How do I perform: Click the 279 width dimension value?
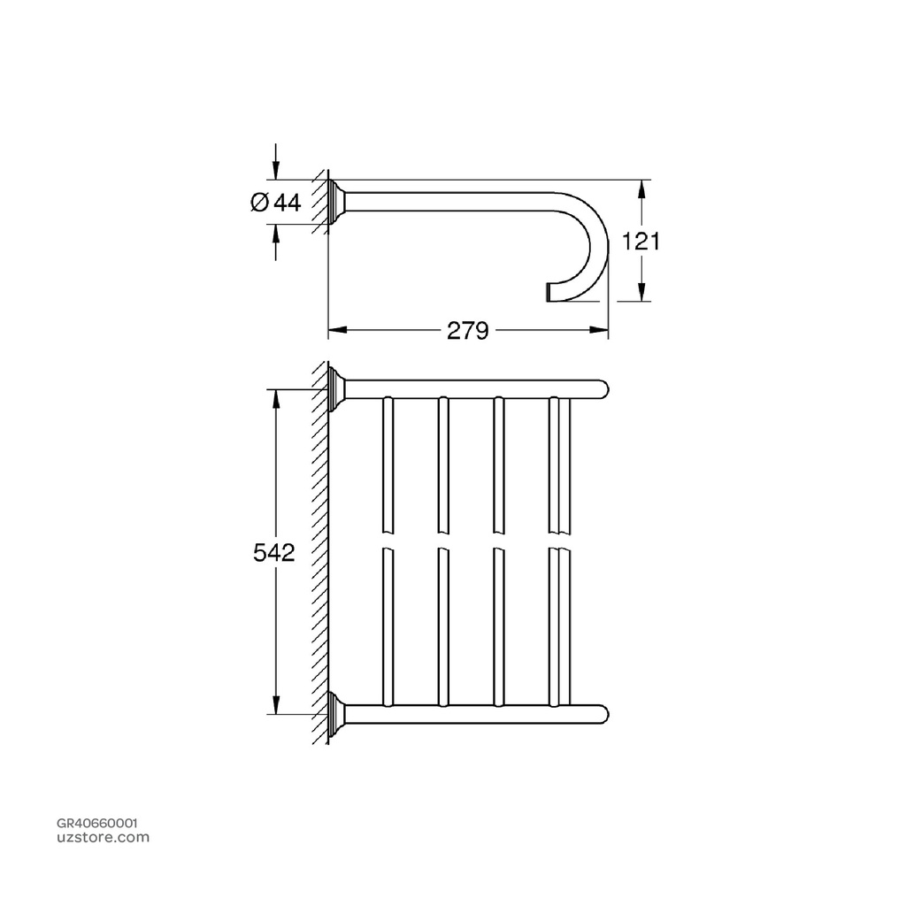[x=467, y=331]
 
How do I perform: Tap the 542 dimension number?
[x=273, y=552]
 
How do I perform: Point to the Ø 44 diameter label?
[x=275, y=203]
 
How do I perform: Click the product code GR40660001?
[x=96, y=822]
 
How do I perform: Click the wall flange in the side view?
[x=336, y=202]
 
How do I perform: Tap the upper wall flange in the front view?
[x=336, y=389]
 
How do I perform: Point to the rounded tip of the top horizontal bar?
[x=601, y=389]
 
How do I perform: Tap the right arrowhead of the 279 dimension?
[x=601, y=331]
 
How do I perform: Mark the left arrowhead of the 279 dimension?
[x=336, y=331]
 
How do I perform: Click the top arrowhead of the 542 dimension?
[x=276, y=397]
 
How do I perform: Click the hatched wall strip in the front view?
[x=319, y=552]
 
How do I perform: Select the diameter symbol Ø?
[x=258, y=203]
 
